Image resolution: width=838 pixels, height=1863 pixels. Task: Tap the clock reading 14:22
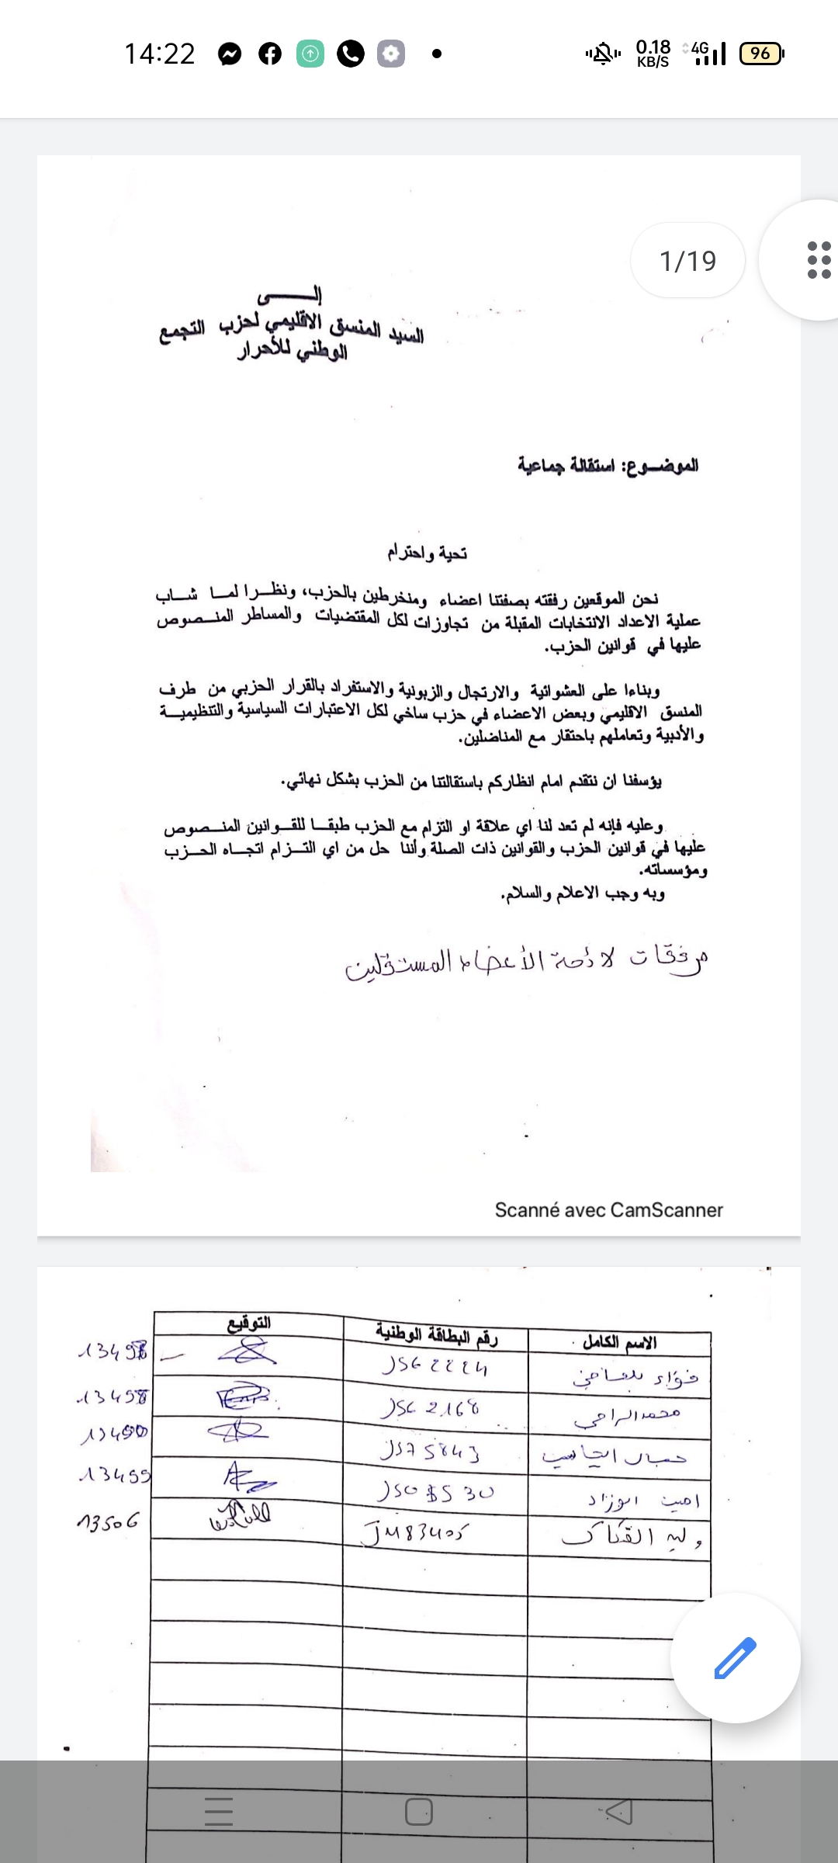click(160, 54)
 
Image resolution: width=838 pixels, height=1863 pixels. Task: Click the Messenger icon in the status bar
click(230, 54)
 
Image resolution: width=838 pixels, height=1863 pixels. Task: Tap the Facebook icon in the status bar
click(270, 54)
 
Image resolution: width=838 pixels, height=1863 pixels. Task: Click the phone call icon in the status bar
click(351, 54)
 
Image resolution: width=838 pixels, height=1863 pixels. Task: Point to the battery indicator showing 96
click(762, 54)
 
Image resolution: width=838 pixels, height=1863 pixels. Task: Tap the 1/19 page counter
click(687, 261)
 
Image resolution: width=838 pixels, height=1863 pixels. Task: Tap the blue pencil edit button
click(734, 1658)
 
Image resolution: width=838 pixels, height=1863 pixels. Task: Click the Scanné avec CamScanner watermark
click(608, 1209)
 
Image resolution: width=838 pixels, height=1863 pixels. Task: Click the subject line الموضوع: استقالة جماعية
click(608, 465)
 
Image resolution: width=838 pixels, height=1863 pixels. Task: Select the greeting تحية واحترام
click(428, 553)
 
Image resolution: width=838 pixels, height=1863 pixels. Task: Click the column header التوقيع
click(249, 1324)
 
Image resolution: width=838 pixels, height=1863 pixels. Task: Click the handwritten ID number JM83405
click(416, 1532)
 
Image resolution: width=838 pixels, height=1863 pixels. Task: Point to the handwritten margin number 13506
click(109, 1521)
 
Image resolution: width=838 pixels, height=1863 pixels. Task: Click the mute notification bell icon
click(603, 54)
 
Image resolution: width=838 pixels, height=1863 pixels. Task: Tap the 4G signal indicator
click(708, 53)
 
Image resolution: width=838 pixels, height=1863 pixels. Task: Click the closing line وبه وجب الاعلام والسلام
click(583, 893)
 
